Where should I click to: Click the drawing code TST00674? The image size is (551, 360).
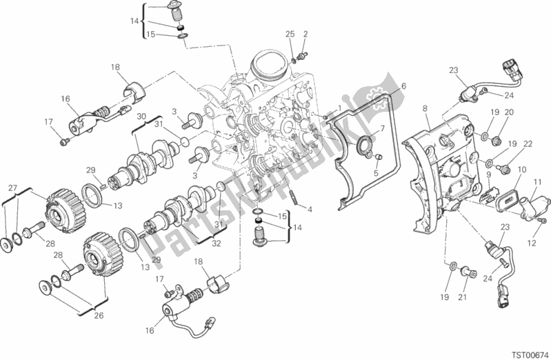pyautogui.click(x=530, y=353)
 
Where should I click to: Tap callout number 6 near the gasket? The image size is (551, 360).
pyautogui.click(x=403, y=86)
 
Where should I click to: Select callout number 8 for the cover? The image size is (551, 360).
pyautogui.click(x=425, y=109)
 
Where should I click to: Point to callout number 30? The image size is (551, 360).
pyautogui.click(x=141, y=117)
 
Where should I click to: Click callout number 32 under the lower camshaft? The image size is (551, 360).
pyautogui.click(x=216, y=243)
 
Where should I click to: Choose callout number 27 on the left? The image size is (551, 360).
pyautogui.click(x=12, y=188)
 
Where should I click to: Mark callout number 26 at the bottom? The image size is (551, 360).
pyautogui.click(x=99, y=315)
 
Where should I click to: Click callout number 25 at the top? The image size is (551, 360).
pyautogui.click(x=290, y=34)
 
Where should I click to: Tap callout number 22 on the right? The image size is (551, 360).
pyautogui.click(x=528, y=143)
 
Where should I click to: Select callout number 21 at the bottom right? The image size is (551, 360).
pyautogui.click(x=463, y=297)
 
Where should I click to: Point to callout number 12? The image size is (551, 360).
pyautogui.click(x=531, y=243)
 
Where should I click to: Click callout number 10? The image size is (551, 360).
pyautogui.click(x=522, y=170)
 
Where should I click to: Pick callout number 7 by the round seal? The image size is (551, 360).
pyautogui.click(x=382, y=128)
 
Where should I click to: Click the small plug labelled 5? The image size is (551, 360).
pyautogui.click(x=379, y=157)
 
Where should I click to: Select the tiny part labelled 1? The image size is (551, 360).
pyautogui.click(x=325, y=117)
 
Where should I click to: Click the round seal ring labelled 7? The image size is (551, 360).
pyautogui.click(x=363, y=143)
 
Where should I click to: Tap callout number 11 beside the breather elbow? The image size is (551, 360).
pyautogui.click(x=537, y=183)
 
